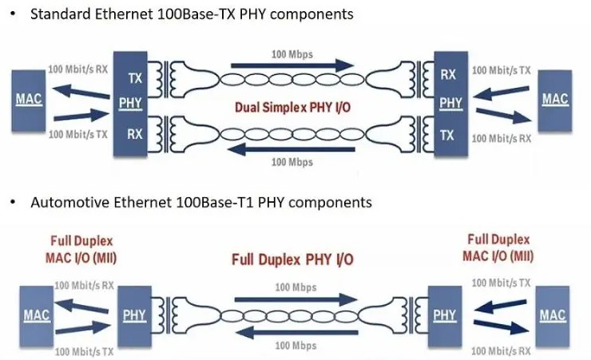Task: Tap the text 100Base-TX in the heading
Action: click(x=175, y=15)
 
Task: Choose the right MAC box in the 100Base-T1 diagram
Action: click(x=553, y=315)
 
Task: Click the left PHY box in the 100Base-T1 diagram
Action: click(x=134, y=315)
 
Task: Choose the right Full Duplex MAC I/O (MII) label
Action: click(x=500, y=247)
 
